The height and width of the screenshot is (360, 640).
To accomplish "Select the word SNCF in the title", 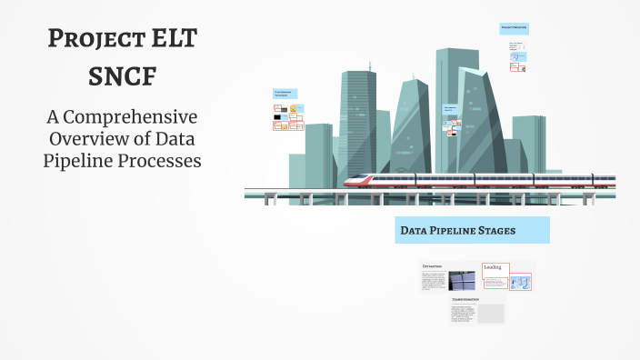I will [x=122, y=77].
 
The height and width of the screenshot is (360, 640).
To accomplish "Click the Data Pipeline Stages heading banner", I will [x=472, y=231].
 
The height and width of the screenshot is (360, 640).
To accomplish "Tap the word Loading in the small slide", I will [x=493, y=267].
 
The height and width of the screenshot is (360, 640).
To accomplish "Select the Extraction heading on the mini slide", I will [x=434, y=267].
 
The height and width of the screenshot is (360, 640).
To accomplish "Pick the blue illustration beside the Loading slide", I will [x=520, y=282].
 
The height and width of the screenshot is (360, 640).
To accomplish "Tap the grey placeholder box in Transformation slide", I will [x=491, y=314].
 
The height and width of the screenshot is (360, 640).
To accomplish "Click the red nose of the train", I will [x=351, y=183].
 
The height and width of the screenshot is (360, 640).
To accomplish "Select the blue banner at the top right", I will [x=514, y=28].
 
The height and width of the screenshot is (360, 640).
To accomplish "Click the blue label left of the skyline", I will [x=286, y=93].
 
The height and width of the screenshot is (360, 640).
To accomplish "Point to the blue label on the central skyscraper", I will [x=454, y=108].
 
